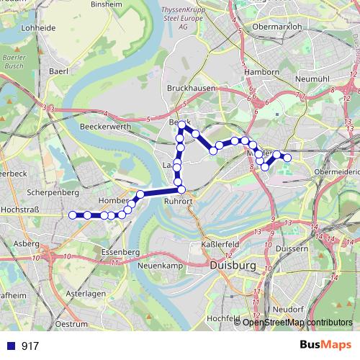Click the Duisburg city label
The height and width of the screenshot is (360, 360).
pos(233,266)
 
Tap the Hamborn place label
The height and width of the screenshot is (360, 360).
pos(262,72)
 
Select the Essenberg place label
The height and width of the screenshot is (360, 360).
pos(120,252)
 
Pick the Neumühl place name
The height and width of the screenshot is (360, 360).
pos(311,78)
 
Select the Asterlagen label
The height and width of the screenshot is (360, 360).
pos(86,294)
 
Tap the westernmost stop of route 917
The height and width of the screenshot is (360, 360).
pos(72,215)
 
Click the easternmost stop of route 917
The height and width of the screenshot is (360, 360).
pos(287,158)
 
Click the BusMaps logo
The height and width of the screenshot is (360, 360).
pos(325,345)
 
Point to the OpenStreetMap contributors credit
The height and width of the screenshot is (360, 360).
pos(297,322)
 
